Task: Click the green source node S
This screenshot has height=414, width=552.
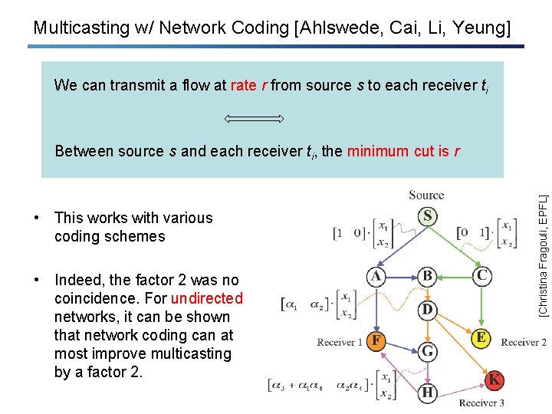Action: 427,217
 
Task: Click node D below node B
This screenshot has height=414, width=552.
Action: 427,310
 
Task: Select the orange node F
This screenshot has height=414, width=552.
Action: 376,340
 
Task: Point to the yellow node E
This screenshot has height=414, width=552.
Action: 481,338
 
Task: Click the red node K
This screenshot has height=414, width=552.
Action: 495,379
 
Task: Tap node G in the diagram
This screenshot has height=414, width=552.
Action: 427,351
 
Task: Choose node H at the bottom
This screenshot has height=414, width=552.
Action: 427,393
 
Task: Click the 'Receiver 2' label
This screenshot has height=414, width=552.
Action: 523,342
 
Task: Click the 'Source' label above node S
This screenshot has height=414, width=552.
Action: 426,195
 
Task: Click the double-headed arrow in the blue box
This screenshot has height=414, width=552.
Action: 255,119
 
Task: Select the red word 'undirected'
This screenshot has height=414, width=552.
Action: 207,298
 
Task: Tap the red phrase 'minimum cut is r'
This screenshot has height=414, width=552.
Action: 403,151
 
